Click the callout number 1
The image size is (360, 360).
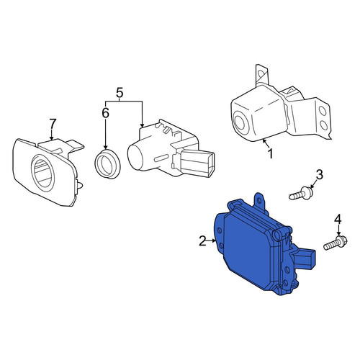[x=271, y=154]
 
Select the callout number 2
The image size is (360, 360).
[x=202, y=240]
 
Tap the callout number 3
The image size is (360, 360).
[x=319, y=174]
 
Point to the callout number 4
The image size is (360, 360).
[x=338, y=219]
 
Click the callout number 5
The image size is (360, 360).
[x=120, y=93]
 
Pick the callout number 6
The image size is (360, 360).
[x=106, y=113]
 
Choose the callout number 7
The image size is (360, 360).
[x=53, y=124]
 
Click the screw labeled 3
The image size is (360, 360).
[x=301, y=194]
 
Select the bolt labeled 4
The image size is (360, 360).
[x=336, y=243]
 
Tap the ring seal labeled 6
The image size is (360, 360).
[x=107, y=164]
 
